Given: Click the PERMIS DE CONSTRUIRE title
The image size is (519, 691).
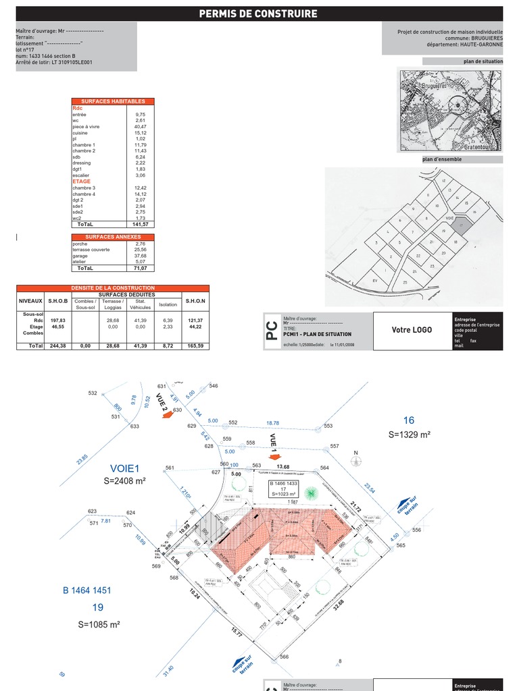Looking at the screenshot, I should pos(258,14).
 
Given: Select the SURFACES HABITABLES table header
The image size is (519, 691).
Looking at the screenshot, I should pos(113,101).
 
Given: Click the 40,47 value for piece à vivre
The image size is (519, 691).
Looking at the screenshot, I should pos(140,126).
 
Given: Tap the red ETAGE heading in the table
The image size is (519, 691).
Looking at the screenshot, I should pos(81,181).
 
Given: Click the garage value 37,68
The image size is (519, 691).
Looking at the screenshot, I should pos(140,256).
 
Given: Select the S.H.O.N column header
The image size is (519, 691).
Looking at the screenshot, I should pos(195,301).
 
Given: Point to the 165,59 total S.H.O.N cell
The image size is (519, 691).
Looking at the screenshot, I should pos(195,345).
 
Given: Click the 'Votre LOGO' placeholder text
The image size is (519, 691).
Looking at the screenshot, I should pos(412,330).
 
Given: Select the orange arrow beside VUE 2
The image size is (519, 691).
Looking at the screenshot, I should pos(164,418).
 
